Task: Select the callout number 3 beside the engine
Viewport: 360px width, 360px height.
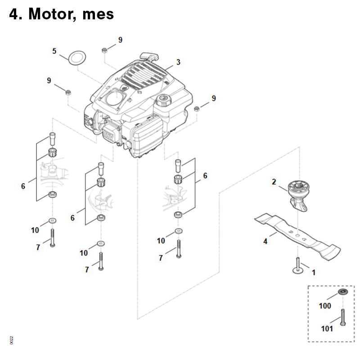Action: point(178,62)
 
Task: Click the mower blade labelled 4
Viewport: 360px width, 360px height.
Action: point(297,237)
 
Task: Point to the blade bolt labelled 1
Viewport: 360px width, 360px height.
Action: point(298,266)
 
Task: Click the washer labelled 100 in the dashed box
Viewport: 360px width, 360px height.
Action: point(343,292)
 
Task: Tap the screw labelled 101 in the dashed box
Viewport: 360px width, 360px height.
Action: point(343,317)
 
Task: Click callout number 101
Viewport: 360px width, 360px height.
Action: point(327,329)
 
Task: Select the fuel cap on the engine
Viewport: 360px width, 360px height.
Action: point(164,99)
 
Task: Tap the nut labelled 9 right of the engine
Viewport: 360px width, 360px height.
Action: point(196,109)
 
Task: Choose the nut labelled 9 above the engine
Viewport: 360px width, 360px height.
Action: point(104,50)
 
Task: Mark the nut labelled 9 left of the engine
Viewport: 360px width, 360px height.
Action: point(68,93)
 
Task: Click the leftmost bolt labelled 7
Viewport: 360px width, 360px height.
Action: point(53,238)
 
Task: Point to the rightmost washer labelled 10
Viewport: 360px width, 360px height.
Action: point(178,231)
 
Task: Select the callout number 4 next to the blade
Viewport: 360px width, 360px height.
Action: point(265,241)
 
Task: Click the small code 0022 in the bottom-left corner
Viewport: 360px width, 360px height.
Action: point(12,340)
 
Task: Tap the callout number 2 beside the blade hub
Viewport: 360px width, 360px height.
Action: point(274,182)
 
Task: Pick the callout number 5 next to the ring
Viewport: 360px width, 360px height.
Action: point(54,51)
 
